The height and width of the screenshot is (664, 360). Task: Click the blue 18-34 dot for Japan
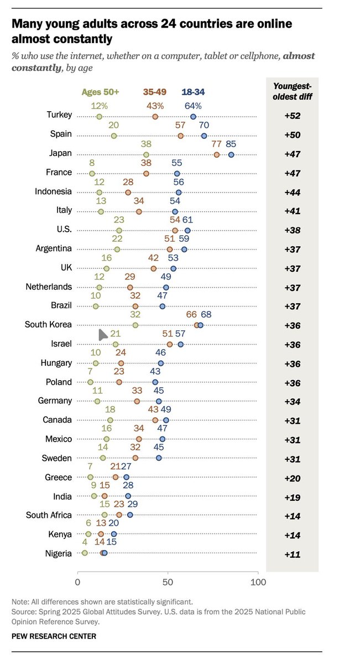coord(231,154)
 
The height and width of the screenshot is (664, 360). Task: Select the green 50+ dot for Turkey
coord(99,116)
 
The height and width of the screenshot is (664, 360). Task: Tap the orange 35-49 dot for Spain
coord(180,136)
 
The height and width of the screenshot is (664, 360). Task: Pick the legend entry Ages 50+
coord(100,92)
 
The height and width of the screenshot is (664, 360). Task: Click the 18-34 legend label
coord(194,92)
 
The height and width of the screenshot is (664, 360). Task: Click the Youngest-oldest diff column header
coord(292,91)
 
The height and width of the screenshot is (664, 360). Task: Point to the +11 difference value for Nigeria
coord(292,554)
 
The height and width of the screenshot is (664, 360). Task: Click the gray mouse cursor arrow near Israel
coord(102,335)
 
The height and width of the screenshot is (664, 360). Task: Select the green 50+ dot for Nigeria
coord(85,553)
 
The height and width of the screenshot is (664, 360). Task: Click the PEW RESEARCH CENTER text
coord(54,636)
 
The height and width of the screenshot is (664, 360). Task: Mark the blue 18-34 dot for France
coord(177,174)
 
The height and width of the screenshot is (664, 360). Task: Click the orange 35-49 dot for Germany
coord(137,401)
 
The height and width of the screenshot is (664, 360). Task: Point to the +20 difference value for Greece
coord(292,478)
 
